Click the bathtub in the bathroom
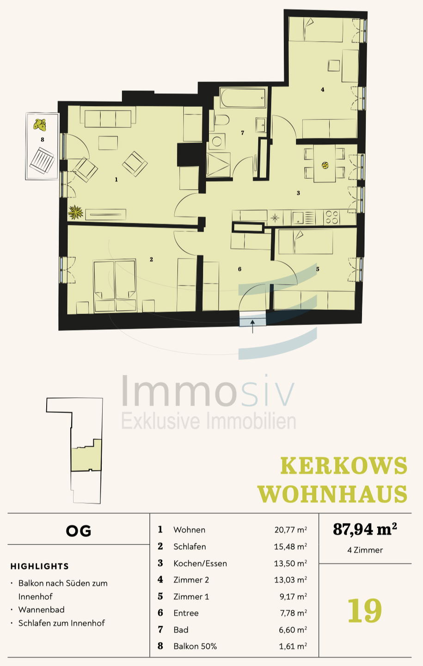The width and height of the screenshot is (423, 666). pyautogui.click(x=243, y=98)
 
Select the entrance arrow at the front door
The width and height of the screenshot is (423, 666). pyautogui.click(x=252, y=326)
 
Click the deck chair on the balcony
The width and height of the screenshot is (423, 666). pyautogui.click(x=42, y=160)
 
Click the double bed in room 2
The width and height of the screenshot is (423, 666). pyautogui.click(x=115, y=285)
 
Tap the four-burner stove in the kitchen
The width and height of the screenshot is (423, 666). pyautogui.click(x=331, y=217)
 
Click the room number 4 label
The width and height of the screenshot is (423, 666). pyautogui.click(x=323, y=90)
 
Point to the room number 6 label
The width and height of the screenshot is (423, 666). pyautogui.click(x=239, y=269)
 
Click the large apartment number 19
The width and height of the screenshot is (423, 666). pyautogui.click(x=364, y=610)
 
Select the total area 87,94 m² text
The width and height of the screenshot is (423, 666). pyautogui.click(x=365, y=529)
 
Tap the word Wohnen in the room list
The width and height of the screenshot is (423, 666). pyautogui.click(x=189, y=530)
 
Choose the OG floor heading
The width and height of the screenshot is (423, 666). pyautogui.click(x=79, y=531)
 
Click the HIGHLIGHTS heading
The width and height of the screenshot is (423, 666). pyautogui.click(x=40, y=567)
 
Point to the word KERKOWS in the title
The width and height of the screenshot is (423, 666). pyautogui.click(x=344, y=466)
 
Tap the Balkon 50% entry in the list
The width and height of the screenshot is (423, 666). pyautogui.click(x=195, y=647)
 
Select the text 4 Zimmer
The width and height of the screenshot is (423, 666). pyautogui.click(x=365, y=550)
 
